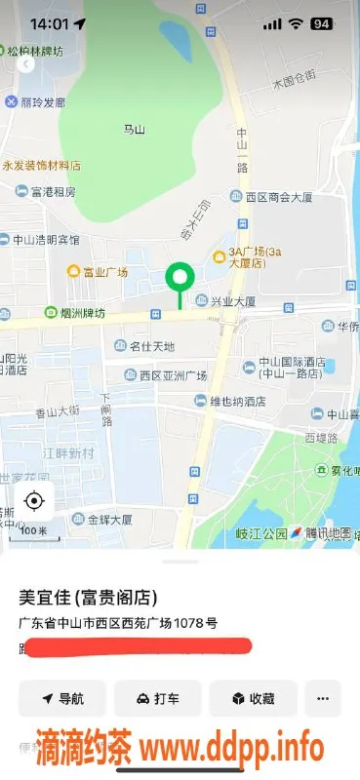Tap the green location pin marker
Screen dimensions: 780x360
pos(178,278)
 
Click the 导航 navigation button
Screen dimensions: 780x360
pos(61,698)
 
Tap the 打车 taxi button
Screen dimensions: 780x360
pos(157,698)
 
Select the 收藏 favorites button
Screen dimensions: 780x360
pos(252,698)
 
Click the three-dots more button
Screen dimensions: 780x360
pos(323,698)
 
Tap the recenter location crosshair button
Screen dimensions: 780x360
pos(34,502)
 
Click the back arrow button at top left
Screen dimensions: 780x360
pos(25,63)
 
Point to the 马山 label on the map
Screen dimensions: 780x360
pos(134,129)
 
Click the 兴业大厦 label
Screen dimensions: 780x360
pos(234,301)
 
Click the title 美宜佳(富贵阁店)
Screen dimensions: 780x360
pos(89,597)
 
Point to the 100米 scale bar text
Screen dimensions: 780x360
pos(34,530)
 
